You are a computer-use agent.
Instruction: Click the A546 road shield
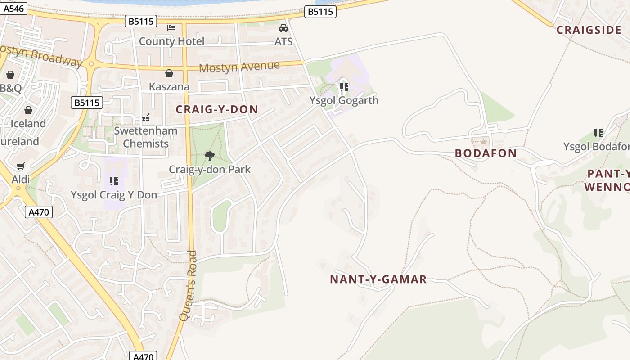14,8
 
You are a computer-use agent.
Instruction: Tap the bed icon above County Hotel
171,28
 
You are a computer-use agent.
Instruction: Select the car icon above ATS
283,28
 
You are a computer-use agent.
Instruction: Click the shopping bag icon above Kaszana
169,73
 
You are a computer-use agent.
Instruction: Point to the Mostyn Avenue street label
239,67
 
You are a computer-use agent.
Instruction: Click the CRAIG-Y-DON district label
217,109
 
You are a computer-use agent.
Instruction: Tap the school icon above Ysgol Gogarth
344,87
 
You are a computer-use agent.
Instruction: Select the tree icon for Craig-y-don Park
209,156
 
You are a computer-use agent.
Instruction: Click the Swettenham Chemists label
146,137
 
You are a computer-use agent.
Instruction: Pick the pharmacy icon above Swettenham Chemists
146,118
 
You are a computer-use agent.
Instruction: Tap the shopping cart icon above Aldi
20,167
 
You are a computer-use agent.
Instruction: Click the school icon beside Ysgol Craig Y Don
114,181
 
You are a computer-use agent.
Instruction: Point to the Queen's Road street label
188,286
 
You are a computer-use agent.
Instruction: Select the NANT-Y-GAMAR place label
378,279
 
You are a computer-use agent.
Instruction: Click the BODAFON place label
486,153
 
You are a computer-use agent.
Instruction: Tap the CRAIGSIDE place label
589,30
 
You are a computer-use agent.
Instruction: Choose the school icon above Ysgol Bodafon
598,133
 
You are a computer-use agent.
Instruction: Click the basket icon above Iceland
28,110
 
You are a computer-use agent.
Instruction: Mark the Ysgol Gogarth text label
344,100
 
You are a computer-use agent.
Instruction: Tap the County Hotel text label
171,41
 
